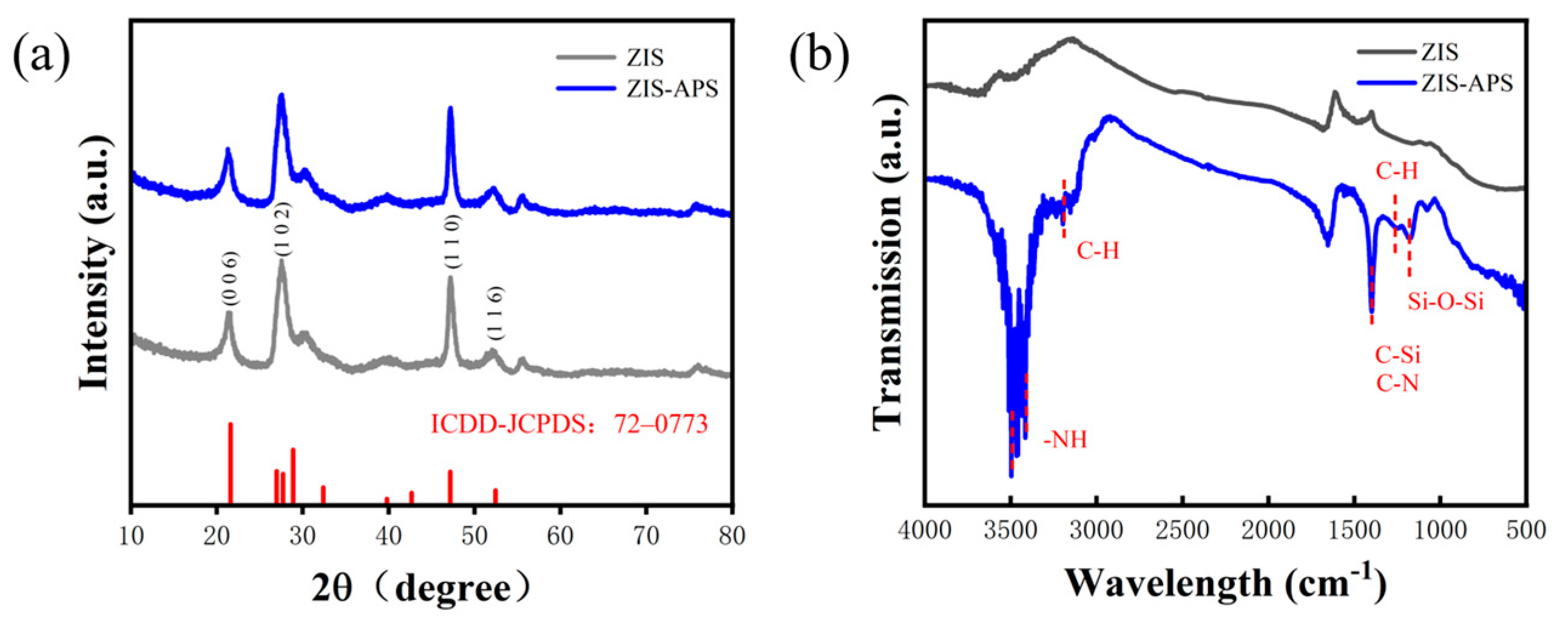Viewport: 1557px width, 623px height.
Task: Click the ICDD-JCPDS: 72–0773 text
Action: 569,424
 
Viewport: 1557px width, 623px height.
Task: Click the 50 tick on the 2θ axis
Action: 474,536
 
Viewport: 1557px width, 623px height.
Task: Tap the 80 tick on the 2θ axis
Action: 731,536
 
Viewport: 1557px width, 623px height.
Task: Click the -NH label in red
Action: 1065,439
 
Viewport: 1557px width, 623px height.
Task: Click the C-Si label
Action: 1397,355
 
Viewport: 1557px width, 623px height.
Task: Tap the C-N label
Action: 1397,383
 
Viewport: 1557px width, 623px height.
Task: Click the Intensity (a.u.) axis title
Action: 95,260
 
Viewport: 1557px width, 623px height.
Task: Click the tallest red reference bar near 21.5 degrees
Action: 231,462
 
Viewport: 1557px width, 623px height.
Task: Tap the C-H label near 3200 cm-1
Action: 1097,251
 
